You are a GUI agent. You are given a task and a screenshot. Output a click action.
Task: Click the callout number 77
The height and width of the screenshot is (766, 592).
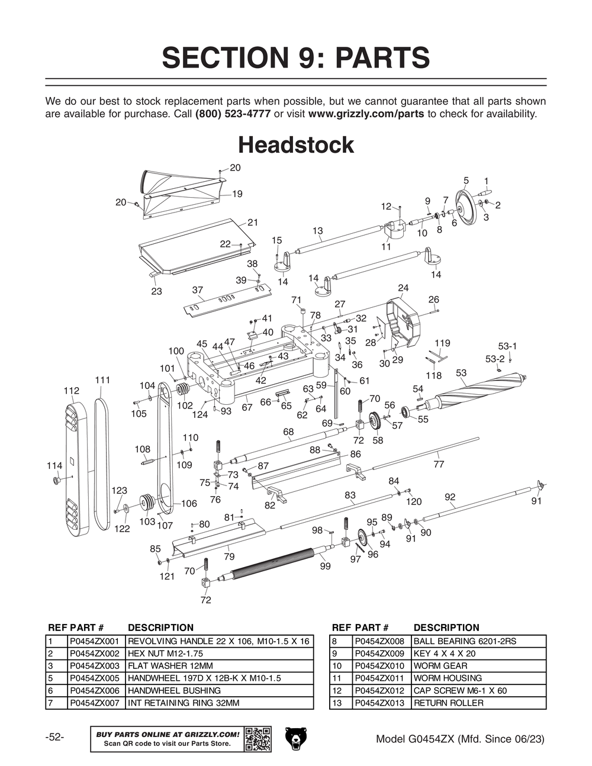pyautogui.click(x=439, y=465)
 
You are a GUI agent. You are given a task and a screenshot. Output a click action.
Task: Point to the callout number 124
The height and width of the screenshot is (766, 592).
pyautogui.click(x=200, y=415)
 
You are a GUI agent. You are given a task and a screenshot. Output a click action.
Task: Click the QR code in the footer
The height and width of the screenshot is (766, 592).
pyautogui.click(x=258, y=739)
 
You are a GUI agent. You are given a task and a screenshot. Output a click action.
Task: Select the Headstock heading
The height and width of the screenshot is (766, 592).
pyautogui.click(x=295, y=145)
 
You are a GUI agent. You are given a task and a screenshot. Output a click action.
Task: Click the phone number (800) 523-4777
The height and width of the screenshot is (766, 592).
pyautogui.click(x=233, y=114)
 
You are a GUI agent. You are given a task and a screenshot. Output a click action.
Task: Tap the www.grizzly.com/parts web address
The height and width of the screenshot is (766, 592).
pyautogui.click(x=366, y=114)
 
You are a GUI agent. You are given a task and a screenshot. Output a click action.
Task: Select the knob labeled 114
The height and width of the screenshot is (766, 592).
pyautogui.click(x=57, y=479)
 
